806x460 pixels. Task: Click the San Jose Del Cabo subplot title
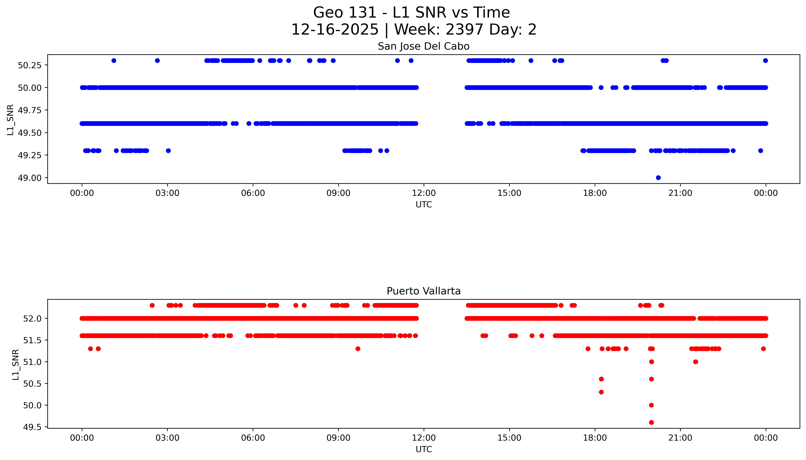point(423,46)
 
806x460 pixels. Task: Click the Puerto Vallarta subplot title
point(423,291)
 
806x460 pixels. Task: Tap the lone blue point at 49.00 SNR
point(658,178)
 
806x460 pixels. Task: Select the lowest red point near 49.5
point(651,422)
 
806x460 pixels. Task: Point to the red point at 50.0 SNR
point(651,405)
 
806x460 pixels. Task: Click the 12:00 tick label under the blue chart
point(424,193)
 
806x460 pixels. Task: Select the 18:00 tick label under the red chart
point(595,438)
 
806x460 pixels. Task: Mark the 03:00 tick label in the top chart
point(167,193)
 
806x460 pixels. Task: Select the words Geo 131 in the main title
point(345,13)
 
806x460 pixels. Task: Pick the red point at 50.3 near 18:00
point(601,392)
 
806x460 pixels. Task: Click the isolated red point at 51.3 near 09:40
point(358,349)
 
